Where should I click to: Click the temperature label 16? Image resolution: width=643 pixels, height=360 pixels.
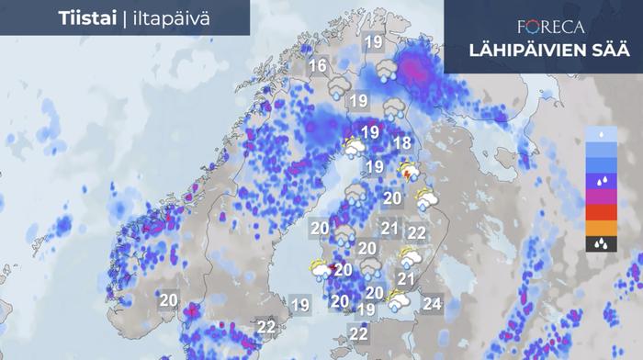(318, 66)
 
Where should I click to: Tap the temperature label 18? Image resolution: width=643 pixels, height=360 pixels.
(401, 143)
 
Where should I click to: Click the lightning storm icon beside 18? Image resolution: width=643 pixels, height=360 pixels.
(408, 171)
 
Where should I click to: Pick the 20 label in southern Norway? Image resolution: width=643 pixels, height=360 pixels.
(168, 299)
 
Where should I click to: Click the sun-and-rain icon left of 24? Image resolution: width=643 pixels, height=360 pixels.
(398, 300)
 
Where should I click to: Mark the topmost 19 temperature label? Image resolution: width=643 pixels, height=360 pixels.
(372, 42)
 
